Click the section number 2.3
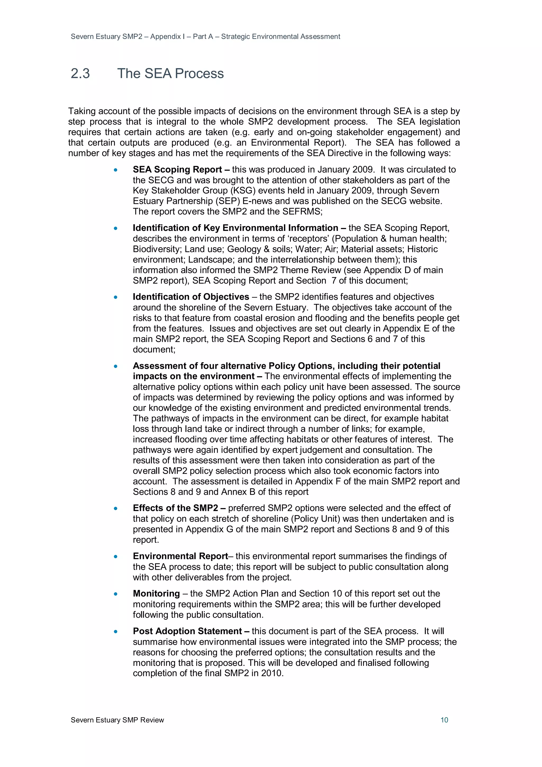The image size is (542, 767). [x=80, y=74]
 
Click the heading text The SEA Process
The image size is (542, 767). [x=170, y=74]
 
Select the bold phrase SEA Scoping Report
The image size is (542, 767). [x=177, y=170]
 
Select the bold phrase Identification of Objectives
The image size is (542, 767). [x=191, y=297]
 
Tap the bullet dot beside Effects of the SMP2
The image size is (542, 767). [x=116, y=509]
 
